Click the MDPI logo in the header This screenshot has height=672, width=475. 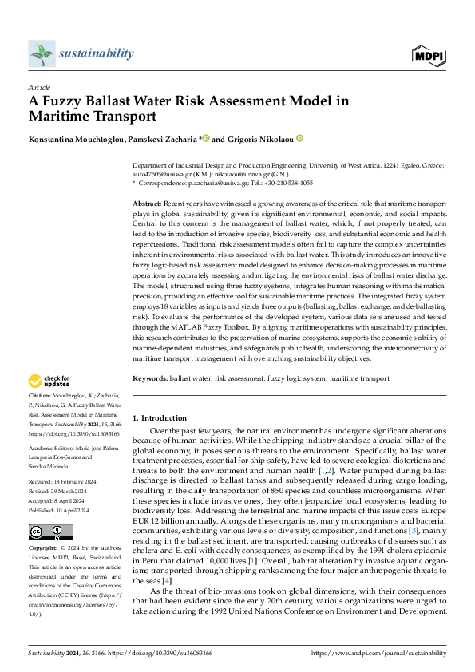click(429, 54)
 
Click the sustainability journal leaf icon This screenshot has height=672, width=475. click(41, 54)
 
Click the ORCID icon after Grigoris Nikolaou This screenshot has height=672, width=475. click(300, 138)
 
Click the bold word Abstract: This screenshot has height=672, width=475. click(146, 205)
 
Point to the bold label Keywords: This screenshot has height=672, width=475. click(149, 378)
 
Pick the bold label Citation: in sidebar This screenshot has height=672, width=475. click(39, 396)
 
